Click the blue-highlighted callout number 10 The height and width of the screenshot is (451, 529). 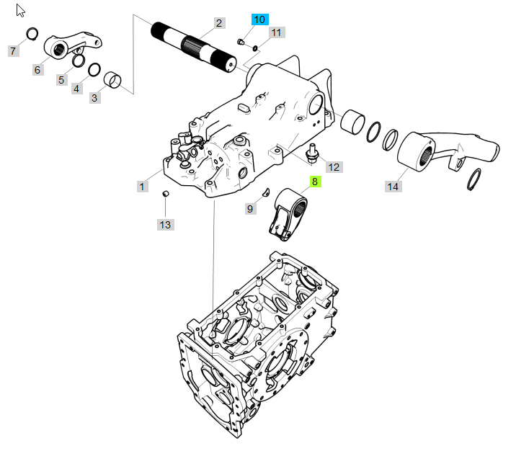(x=259, y=19)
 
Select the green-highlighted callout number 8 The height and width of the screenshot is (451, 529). (x=314, y=182)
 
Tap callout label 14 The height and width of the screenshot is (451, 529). (x=392, y=187)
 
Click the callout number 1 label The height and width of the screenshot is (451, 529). (x=142, y=187)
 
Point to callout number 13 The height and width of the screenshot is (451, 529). (x=165, y=225)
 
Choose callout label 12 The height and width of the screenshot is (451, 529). (x=334, y=167)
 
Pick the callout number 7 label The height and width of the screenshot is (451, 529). (x=12, y=50)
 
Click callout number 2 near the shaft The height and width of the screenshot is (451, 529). (x=218, y=23)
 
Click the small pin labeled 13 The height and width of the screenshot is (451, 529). (x=164, y=195)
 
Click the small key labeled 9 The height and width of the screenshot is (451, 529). (x=265, y=192)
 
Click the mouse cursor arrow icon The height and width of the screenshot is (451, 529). (x=21, y=11)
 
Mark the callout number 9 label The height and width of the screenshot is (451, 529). (x=251, y=209)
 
